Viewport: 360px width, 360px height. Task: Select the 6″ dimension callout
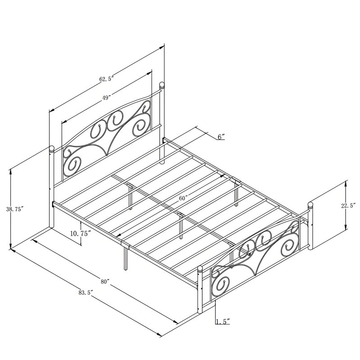tap(221, 137)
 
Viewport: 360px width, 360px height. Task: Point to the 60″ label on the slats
tap(184, 198)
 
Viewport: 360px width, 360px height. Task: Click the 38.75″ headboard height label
tap(15, 209)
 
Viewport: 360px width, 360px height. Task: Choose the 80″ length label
tap(104, 282)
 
